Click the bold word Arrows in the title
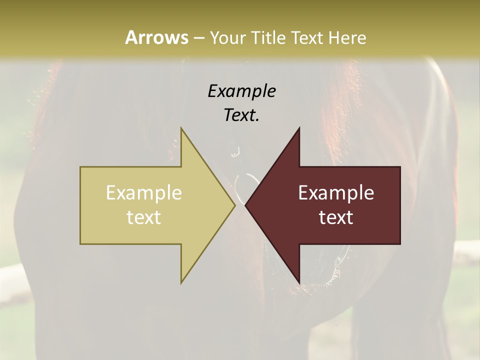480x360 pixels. click(156, 37)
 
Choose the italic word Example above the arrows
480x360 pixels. click(241, 91)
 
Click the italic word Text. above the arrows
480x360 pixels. click(241, 115)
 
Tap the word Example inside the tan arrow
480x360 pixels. click(144, 193)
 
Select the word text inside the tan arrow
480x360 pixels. click(144, 217)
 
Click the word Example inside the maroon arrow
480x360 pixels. click(336, 193)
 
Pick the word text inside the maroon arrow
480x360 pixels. click(336, 217)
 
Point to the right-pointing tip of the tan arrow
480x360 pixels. click(235, 205)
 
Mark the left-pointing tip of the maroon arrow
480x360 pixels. click(245, 205)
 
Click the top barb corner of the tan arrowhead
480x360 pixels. click(181, 128)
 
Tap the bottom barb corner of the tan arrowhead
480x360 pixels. click(181, 283)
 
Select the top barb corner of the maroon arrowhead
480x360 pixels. click(299, 128)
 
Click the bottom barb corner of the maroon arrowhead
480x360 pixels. click(299, 283)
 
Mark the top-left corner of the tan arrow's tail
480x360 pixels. click(80, 167)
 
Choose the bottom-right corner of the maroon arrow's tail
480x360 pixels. click(400, 244)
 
